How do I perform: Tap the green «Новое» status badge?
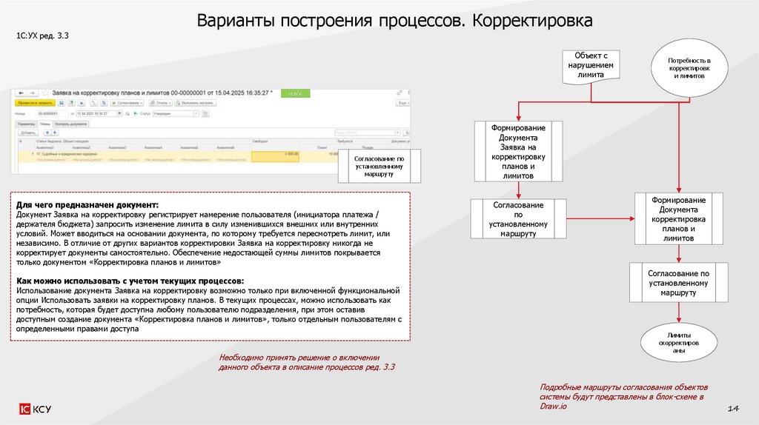click(295, 94)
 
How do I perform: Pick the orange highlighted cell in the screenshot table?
click(275, 155)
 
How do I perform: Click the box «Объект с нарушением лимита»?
click(591, 65)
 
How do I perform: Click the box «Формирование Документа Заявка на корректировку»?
click(518, 152)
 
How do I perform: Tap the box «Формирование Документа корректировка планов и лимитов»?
click(678, 219)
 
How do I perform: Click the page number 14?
click(734, 409)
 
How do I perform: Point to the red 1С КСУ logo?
click(36, 409)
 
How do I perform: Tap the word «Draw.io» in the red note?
click(553, 406)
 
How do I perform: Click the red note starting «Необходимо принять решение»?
click(308, 362)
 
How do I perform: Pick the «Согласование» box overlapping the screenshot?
click(379, 165)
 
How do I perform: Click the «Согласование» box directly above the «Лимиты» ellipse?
click(678, 283)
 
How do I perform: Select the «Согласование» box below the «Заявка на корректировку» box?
click(518, 219)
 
